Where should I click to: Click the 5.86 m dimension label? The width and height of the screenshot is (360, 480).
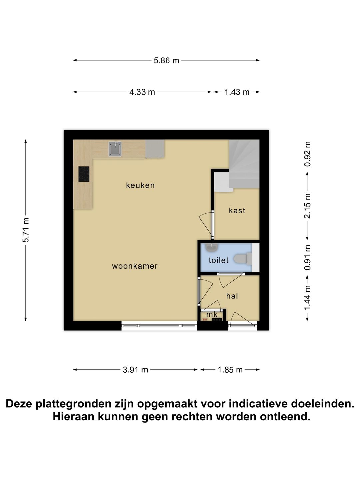(166, 60)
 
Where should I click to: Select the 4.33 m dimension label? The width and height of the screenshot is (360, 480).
(142, 92)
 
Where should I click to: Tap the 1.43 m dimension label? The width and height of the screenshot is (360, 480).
(237, 92)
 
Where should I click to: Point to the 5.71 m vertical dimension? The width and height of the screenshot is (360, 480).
(26, 230)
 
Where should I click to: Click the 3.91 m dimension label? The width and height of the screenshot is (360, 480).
(135, 370)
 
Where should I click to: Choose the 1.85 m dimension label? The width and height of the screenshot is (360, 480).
(230, 370)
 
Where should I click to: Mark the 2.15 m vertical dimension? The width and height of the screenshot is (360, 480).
(307, 206)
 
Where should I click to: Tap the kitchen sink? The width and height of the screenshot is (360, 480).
(115, 149)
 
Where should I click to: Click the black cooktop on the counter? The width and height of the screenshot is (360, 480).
(84, 174)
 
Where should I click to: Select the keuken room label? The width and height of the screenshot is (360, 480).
(140, 185)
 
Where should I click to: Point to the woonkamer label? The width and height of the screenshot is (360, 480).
(135, 266)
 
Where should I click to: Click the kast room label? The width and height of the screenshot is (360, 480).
(237, 211)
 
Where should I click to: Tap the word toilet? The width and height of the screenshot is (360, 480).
(219, 260)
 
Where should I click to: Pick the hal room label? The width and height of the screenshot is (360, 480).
(232, 296)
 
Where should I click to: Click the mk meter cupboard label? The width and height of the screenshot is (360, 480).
(212, 314)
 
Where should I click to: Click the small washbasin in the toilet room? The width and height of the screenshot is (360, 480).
(211, 247)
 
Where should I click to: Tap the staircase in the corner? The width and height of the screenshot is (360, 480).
(244, 163)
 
